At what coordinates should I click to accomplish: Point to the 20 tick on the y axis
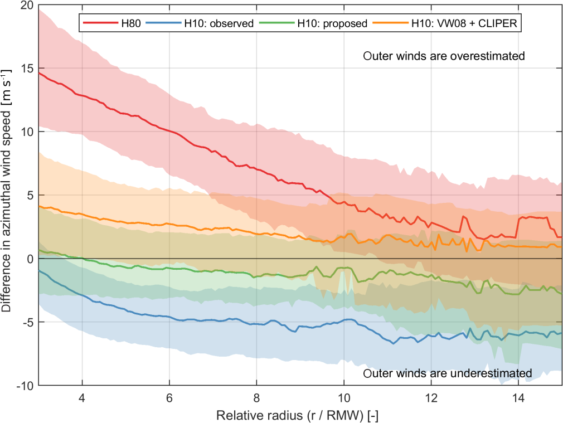(x=26, y=6)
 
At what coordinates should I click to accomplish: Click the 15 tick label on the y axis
(x=26, y=69)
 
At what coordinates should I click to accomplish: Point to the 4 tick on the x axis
(x=82, y=399)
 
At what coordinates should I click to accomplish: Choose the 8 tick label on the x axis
(x=256, y=399)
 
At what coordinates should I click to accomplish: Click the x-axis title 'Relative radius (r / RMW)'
(x=298, y=415)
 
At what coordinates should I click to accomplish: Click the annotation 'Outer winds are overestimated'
(x=444, y=56)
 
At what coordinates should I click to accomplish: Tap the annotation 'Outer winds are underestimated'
(x=447, y=373)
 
